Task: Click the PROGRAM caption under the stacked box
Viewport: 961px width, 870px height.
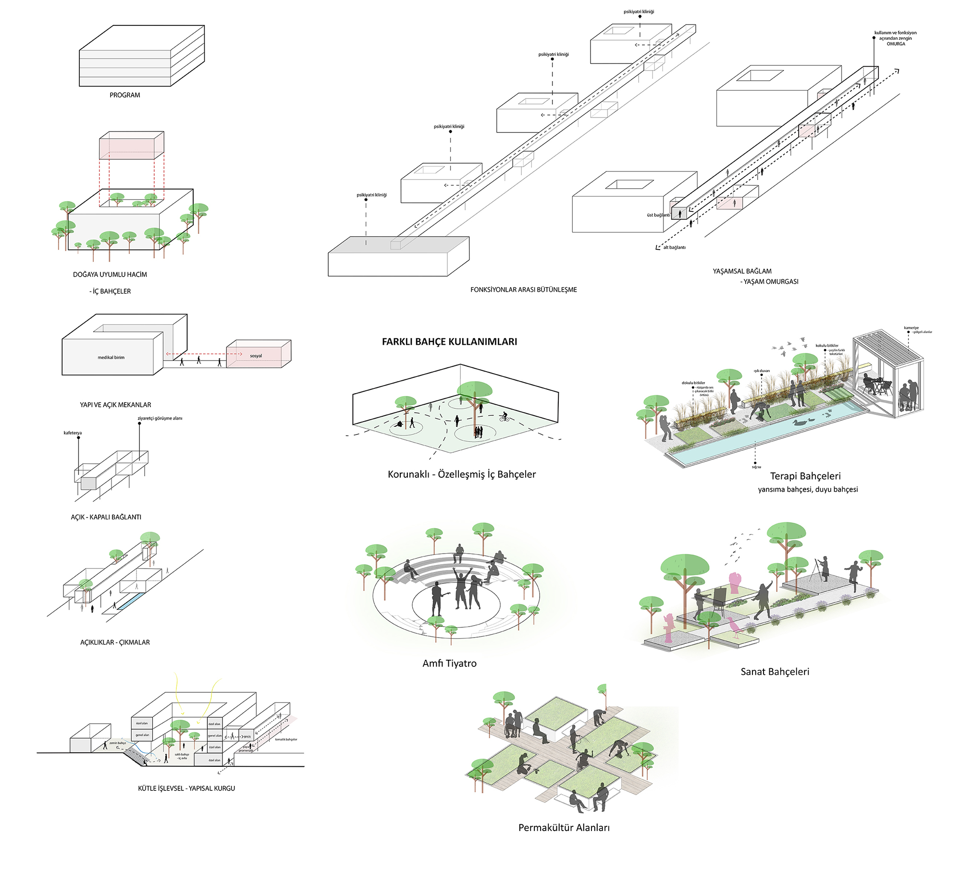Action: (x=125, y=95)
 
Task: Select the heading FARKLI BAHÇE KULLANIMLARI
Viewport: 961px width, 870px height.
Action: (x=449, y=342)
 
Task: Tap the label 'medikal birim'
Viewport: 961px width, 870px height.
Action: (x=111, y=358)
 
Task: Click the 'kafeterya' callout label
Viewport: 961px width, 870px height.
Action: (x=73, y=433)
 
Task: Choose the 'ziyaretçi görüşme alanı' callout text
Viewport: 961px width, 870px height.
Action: (x=160, y=419)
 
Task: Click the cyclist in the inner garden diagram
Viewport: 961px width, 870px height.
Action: (x=504, y=417)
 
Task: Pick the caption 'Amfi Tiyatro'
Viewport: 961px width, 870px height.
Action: (x=449, y=664)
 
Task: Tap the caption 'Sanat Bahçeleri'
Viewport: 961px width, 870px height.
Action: (x=775, y=672)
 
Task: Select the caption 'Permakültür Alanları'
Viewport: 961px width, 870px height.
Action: (x=564, y=828)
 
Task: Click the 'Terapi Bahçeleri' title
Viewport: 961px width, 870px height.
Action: (x=805, y=476)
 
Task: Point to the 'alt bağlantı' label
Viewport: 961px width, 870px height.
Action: (x=674, y=248)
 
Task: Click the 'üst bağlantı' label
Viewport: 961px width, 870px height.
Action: (x=658, y=215)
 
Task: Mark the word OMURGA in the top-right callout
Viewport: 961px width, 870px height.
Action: (x=896, y=44)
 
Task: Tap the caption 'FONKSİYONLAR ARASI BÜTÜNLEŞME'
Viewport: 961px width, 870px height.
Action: (x=523, y=290)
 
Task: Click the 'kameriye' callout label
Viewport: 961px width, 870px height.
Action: (x=911, y=328)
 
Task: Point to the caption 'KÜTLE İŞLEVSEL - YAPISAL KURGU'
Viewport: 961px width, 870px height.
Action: (x=186, y=788)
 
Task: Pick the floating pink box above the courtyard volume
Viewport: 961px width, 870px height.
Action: (x=132, y=145)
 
